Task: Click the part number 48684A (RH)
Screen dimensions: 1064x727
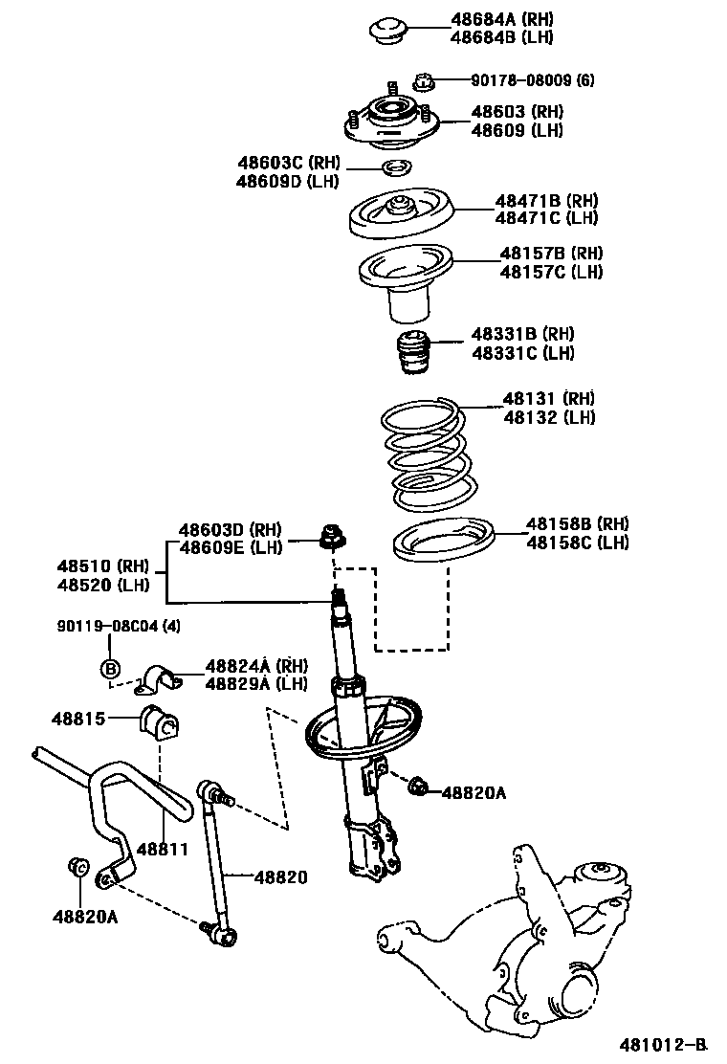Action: (x=502, y=19)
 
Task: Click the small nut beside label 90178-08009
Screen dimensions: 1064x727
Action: (x=426, y=80)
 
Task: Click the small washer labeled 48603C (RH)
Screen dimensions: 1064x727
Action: (x=395, y=169)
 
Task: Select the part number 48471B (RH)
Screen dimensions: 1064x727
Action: (x=546, y=201)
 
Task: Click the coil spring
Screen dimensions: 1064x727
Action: (x=426, y=454)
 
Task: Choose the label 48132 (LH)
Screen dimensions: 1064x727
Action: (x=549, y=417)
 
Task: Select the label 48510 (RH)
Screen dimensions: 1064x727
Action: (x=103, y=566)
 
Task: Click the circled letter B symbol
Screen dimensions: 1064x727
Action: (x=110, y=669)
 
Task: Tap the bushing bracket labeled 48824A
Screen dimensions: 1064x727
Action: (x=163, y=678)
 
